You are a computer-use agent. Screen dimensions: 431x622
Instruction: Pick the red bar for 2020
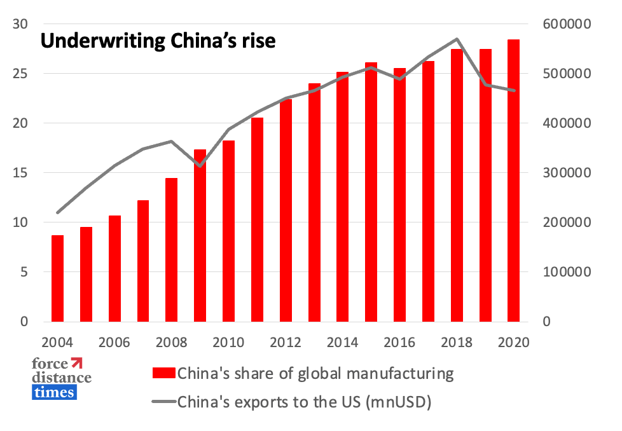click(x=513, y=181)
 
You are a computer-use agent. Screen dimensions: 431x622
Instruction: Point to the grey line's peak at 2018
click(x=457, y=39)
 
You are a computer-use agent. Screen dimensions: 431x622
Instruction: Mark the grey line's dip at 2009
click(x=200, y=166)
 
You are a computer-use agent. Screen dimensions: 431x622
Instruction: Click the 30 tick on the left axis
click(x=20, y=24)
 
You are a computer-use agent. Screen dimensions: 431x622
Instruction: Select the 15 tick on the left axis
click(x=20, y=173)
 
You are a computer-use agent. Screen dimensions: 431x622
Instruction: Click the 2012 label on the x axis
click(x=286, y=342)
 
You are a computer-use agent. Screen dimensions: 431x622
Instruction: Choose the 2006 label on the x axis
click(x=114, y=342)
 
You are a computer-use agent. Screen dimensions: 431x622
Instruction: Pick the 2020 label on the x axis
click(x=514, y=342)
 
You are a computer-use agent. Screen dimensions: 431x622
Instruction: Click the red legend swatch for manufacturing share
click(x=162, y=373)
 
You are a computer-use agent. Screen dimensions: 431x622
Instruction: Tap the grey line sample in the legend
click(x=162, y=402)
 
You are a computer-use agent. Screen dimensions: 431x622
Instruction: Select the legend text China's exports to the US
click(x=305, y=402)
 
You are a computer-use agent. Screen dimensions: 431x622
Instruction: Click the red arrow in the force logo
click(x=78, y=364)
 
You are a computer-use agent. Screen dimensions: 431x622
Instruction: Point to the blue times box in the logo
click(x=53, y=392)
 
